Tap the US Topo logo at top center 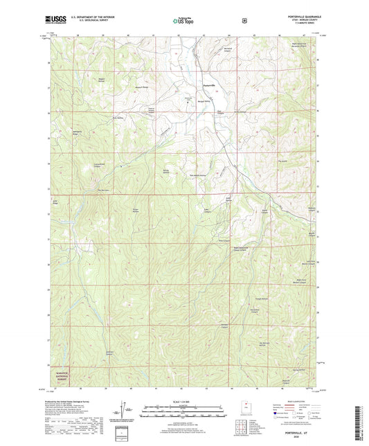pos(183,21)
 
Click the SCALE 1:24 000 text pos(183,401)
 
